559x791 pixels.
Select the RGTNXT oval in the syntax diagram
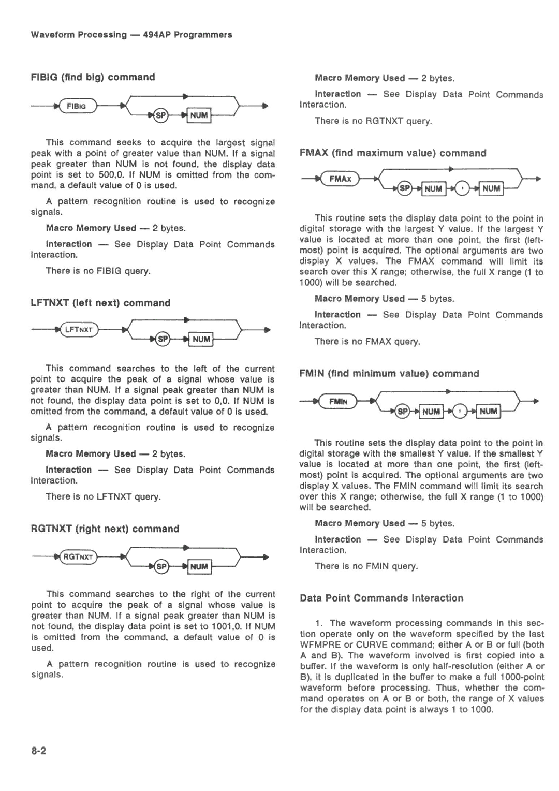pyautogui.click(x=78, y=557)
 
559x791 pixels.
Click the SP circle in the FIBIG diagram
pyautogui.click(x=161, y=116)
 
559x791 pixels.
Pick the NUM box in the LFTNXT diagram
pyautogui.click(x=201, y=340)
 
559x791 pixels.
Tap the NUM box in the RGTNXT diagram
pyautogui.click(x=199, y=566)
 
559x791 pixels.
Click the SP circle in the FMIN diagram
pyautogui.click(x=402, y=412)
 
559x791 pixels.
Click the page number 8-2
pyautogui.click(x=39, y=751)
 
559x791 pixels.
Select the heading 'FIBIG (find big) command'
pyautogui.click(x=93, y=77)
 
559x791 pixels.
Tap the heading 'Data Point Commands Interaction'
pyautogui.click(x=381, y=598)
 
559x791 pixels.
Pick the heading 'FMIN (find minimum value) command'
pyautogui.click(x=389, y=374)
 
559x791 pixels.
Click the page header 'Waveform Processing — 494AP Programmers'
pyautogui.click(x=131, y=35)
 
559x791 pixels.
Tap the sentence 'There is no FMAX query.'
pyautogui.click(x=367, y=342)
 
